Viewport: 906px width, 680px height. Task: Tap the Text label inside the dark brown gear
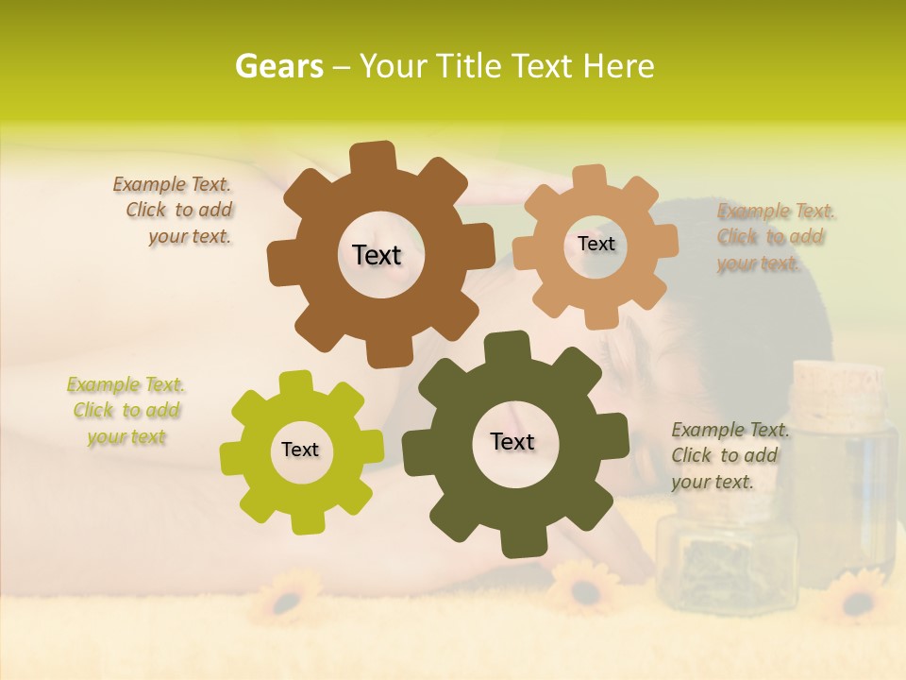click(377, 255)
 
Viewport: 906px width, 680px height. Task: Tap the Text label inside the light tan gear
click(596, 244)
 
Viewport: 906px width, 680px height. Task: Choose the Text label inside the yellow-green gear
click(300, 450)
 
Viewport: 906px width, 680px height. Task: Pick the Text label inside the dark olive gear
click(512, 441)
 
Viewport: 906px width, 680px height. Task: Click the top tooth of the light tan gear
click(591, 177)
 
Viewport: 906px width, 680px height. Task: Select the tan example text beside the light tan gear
click(774, 237)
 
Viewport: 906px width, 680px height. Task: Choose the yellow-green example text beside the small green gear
click(126, 411)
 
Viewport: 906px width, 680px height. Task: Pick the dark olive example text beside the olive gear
click(729, 455)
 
